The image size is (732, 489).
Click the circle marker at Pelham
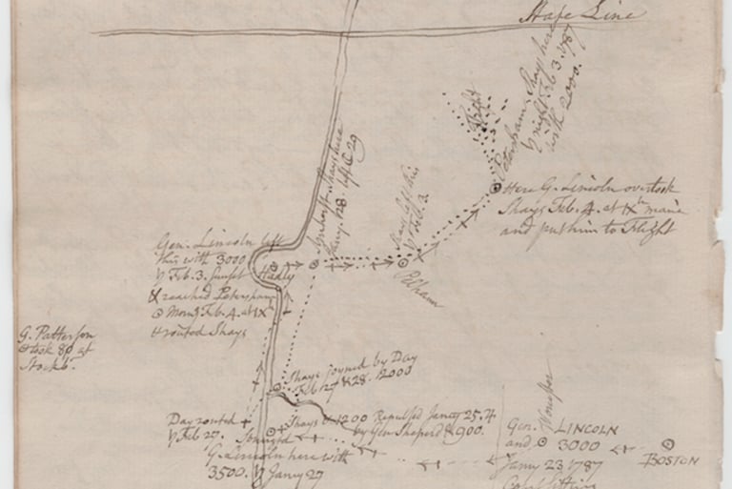point(403,260)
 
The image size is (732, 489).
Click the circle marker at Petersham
point(495,188)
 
